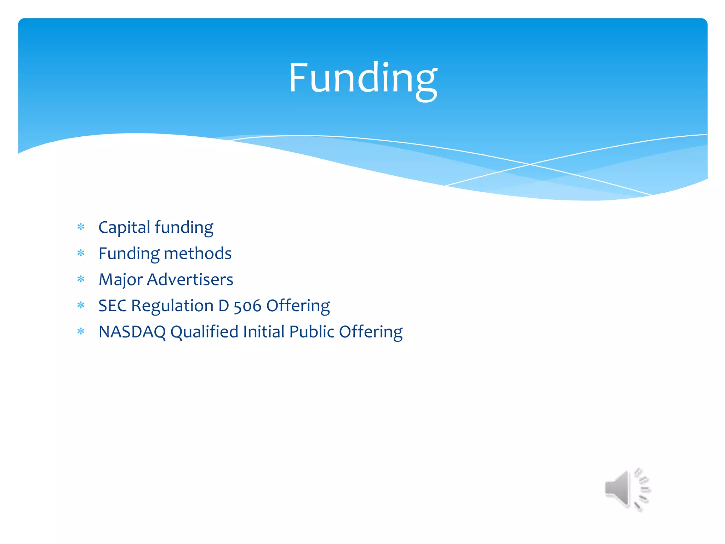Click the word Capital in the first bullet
coord(124,227)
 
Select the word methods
coord(198,254)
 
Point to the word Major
coord(120,280)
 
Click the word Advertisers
coord(190,279)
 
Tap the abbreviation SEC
coord(112,306)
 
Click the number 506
coord(247,306)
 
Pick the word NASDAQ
coord(132,332)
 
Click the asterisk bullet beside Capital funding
coord(81,227)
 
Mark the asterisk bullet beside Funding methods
coord(81,253)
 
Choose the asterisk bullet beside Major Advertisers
coord(81,279)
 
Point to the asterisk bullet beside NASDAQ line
coord(81,331)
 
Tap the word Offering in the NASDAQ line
coord(371,332)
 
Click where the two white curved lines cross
coord(530,164)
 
